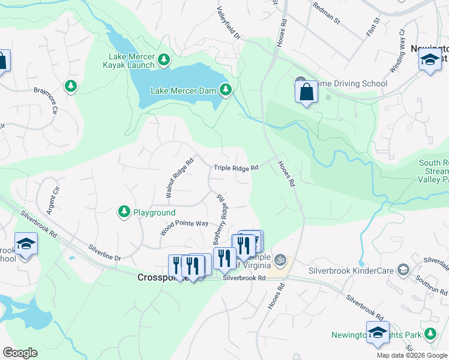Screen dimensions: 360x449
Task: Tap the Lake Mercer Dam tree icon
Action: [x=226, y=91]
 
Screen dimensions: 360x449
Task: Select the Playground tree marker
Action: [x=124, y=211]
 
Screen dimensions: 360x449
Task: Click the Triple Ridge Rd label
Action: [x=237, y=168]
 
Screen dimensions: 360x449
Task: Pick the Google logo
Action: [x=20, y=353]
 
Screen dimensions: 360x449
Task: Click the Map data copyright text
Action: [x=412, y=355]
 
